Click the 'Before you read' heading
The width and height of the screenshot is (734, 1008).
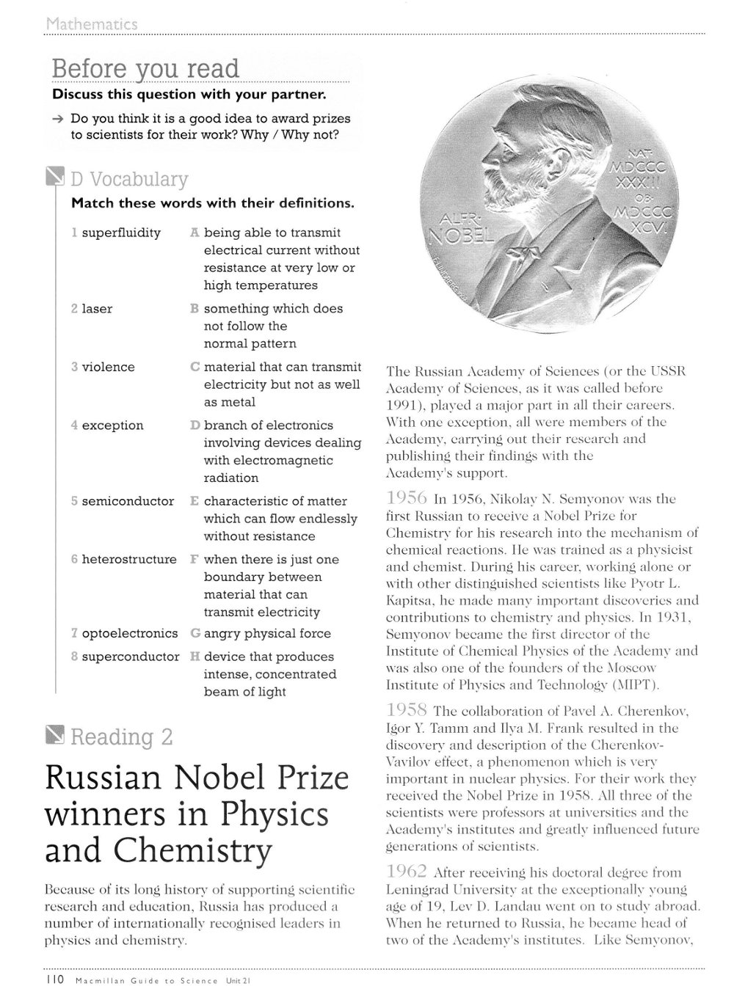pos(145,68)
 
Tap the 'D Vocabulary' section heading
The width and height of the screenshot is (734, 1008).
pos(129,179)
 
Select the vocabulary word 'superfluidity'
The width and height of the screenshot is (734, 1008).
pos(120,233)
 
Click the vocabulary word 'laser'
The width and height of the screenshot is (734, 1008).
pos(97,309)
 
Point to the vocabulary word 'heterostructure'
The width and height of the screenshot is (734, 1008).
pos(129,559)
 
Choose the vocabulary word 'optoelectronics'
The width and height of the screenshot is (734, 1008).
pos(129,633)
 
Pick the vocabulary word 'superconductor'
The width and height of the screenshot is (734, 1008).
pos(130,657)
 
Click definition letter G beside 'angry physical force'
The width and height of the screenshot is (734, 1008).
pos(195,633)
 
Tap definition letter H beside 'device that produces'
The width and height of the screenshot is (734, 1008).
pos(195,657)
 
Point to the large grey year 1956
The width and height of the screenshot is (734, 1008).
pos(407,499)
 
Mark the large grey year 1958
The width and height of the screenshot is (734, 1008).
pos(407,710)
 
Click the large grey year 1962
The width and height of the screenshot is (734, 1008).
pos(407,872)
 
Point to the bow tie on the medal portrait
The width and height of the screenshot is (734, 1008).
pos(527,252)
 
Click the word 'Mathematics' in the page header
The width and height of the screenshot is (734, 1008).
pos(91,24)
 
